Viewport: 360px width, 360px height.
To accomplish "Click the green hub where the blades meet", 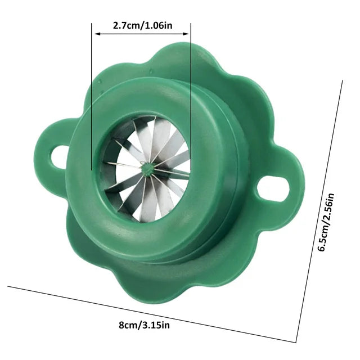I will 146,167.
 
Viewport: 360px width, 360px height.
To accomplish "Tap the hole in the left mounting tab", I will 57,156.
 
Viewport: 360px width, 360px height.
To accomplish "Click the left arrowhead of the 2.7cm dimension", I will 96,34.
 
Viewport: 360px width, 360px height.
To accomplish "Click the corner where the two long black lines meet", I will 297,341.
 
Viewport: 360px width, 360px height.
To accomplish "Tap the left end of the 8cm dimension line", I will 8,286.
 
